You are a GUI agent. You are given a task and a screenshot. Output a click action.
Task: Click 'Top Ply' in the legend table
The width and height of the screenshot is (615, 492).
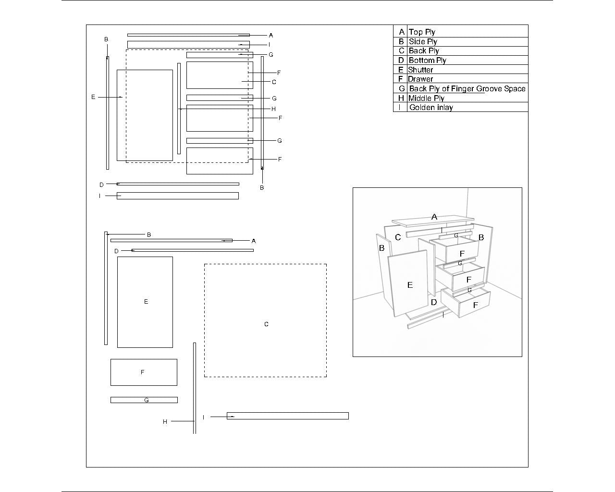422,32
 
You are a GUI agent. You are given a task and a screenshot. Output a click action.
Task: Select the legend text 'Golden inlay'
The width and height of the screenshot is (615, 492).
430,107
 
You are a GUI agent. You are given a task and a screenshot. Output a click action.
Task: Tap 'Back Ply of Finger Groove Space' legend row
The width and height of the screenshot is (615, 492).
467,88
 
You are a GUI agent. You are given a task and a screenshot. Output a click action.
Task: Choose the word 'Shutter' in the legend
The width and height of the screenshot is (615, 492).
420,70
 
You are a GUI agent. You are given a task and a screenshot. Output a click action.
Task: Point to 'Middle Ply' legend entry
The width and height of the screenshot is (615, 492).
426,98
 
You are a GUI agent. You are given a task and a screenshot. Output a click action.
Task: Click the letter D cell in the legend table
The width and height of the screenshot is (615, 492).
401,60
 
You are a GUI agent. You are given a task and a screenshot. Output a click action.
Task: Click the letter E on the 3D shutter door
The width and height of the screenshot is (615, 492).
410,285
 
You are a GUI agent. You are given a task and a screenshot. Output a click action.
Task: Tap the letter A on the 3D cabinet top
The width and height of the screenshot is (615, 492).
434,217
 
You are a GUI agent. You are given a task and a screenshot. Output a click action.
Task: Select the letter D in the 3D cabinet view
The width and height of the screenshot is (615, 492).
434,302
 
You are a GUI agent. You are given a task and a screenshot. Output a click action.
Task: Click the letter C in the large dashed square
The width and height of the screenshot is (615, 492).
266,324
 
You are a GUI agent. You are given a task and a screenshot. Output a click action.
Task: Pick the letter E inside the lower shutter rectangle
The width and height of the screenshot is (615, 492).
146,302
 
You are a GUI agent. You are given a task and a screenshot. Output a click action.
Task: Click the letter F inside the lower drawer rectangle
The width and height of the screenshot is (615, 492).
142,372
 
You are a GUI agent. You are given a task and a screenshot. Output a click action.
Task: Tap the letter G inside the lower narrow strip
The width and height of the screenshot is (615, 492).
147,400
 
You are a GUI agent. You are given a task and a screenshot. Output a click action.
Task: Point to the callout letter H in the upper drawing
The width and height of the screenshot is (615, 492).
273,109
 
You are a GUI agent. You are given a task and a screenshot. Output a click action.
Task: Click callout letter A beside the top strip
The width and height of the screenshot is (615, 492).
271,35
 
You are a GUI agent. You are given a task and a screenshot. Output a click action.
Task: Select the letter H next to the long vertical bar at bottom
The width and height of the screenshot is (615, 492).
165,421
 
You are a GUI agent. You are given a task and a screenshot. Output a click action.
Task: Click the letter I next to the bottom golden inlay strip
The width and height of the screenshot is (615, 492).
203,417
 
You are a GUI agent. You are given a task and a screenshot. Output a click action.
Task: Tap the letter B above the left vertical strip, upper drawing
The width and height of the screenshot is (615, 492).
106,39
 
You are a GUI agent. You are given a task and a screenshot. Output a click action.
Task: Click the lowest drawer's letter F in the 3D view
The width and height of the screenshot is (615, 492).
475,305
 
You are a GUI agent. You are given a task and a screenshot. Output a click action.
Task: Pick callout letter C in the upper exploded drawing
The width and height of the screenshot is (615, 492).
274,82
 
